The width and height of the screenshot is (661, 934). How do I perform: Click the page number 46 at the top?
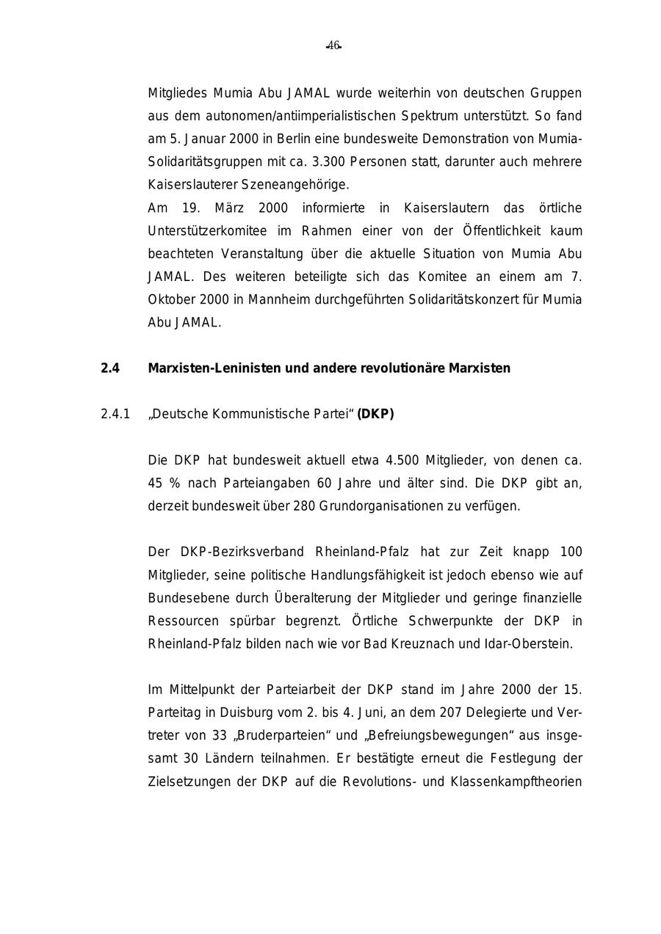[333, 45]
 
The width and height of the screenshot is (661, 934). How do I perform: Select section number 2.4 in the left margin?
[109, 368]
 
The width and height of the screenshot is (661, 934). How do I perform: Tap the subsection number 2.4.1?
[115, 415]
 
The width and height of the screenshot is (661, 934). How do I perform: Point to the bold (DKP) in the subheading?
[375, 415]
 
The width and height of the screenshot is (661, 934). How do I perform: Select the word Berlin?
[293, 139]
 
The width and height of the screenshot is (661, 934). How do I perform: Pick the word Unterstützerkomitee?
[207, 231]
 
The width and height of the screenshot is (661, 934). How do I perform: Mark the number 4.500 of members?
[402, 461]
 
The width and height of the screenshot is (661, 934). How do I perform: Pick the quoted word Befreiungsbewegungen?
[436, 736]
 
